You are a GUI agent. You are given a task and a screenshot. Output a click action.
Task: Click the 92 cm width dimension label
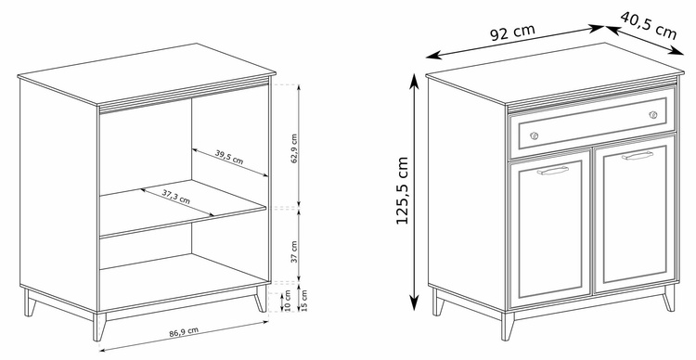click(x=512, y=32)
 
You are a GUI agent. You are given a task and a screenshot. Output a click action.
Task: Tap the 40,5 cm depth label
click(x=648, y=25)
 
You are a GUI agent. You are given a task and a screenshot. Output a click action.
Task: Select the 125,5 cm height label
click(x=402, y=190)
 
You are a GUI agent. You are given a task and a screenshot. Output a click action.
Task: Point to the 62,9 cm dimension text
click(x=294, y=148)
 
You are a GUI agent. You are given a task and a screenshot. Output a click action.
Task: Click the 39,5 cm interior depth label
click(x=229, y=157)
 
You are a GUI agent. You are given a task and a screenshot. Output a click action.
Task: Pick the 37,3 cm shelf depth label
click(x=175, y=196)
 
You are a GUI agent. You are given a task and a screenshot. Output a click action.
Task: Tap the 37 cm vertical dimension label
click(x=294, y=251)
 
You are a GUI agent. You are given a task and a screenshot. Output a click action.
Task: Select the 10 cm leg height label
click(x=288, y=300)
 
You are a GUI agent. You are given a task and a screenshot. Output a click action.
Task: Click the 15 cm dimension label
click(x=304, y=300)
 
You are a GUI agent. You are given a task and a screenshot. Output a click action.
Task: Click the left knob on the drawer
click(x=534, y=135)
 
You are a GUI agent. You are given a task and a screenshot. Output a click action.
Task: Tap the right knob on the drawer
click(x=653, y=114)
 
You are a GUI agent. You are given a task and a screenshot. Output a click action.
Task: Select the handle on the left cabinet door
click(x=553, y=171)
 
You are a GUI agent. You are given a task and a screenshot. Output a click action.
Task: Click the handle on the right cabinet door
click(x=638, y=155)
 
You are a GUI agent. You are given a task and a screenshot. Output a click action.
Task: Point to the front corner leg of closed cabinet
click(x=508, y=327)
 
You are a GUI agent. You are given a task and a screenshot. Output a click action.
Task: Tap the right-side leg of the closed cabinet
click(x=668, y=298)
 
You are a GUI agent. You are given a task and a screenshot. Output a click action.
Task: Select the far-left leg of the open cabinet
click(x=30, y=302)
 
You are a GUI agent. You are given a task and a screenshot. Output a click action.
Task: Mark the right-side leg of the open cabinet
click(x=260, y=298)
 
